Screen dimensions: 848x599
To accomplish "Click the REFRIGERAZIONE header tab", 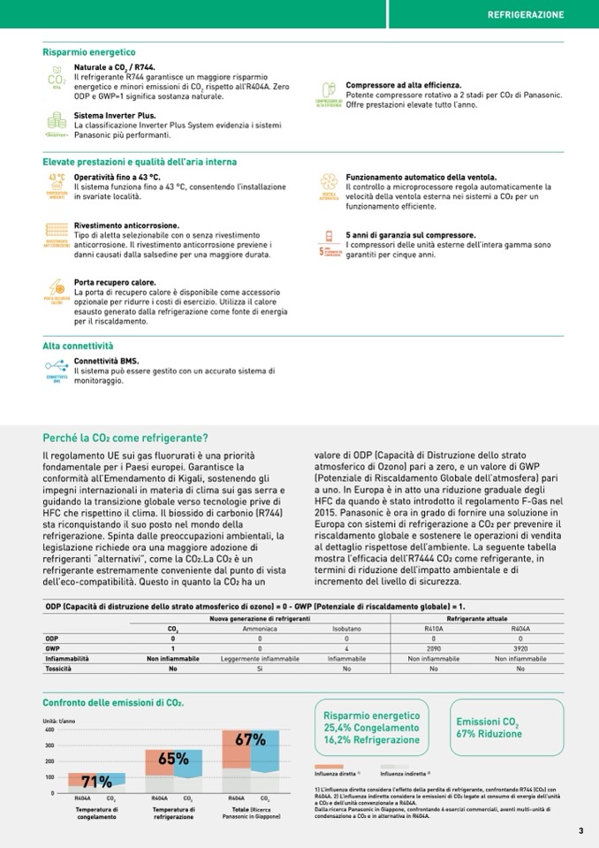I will coord(526,15).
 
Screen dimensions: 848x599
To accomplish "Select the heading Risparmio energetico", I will coord(88,52).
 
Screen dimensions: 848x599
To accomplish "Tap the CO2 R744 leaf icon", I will coord(57,78).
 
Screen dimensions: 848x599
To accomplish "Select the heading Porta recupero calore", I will coord(114,282).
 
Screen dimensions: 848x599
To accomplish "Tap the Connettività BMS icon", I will coord(57,368).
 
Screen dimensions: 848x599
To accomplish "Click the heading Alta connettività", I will coord(78,346).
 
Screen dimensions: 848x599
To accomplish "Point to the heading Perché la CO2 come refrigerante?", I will coord(125,438).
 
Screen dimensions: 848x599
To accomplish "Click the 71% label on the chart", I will coord(96,782).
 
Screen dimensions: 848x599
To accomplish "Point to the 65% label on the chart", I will coord(173,758).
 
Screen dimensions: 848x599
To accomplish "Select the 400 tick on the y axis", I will coord(49,730).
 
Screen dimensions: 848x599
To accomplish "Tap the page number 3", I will coord(580,830).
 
